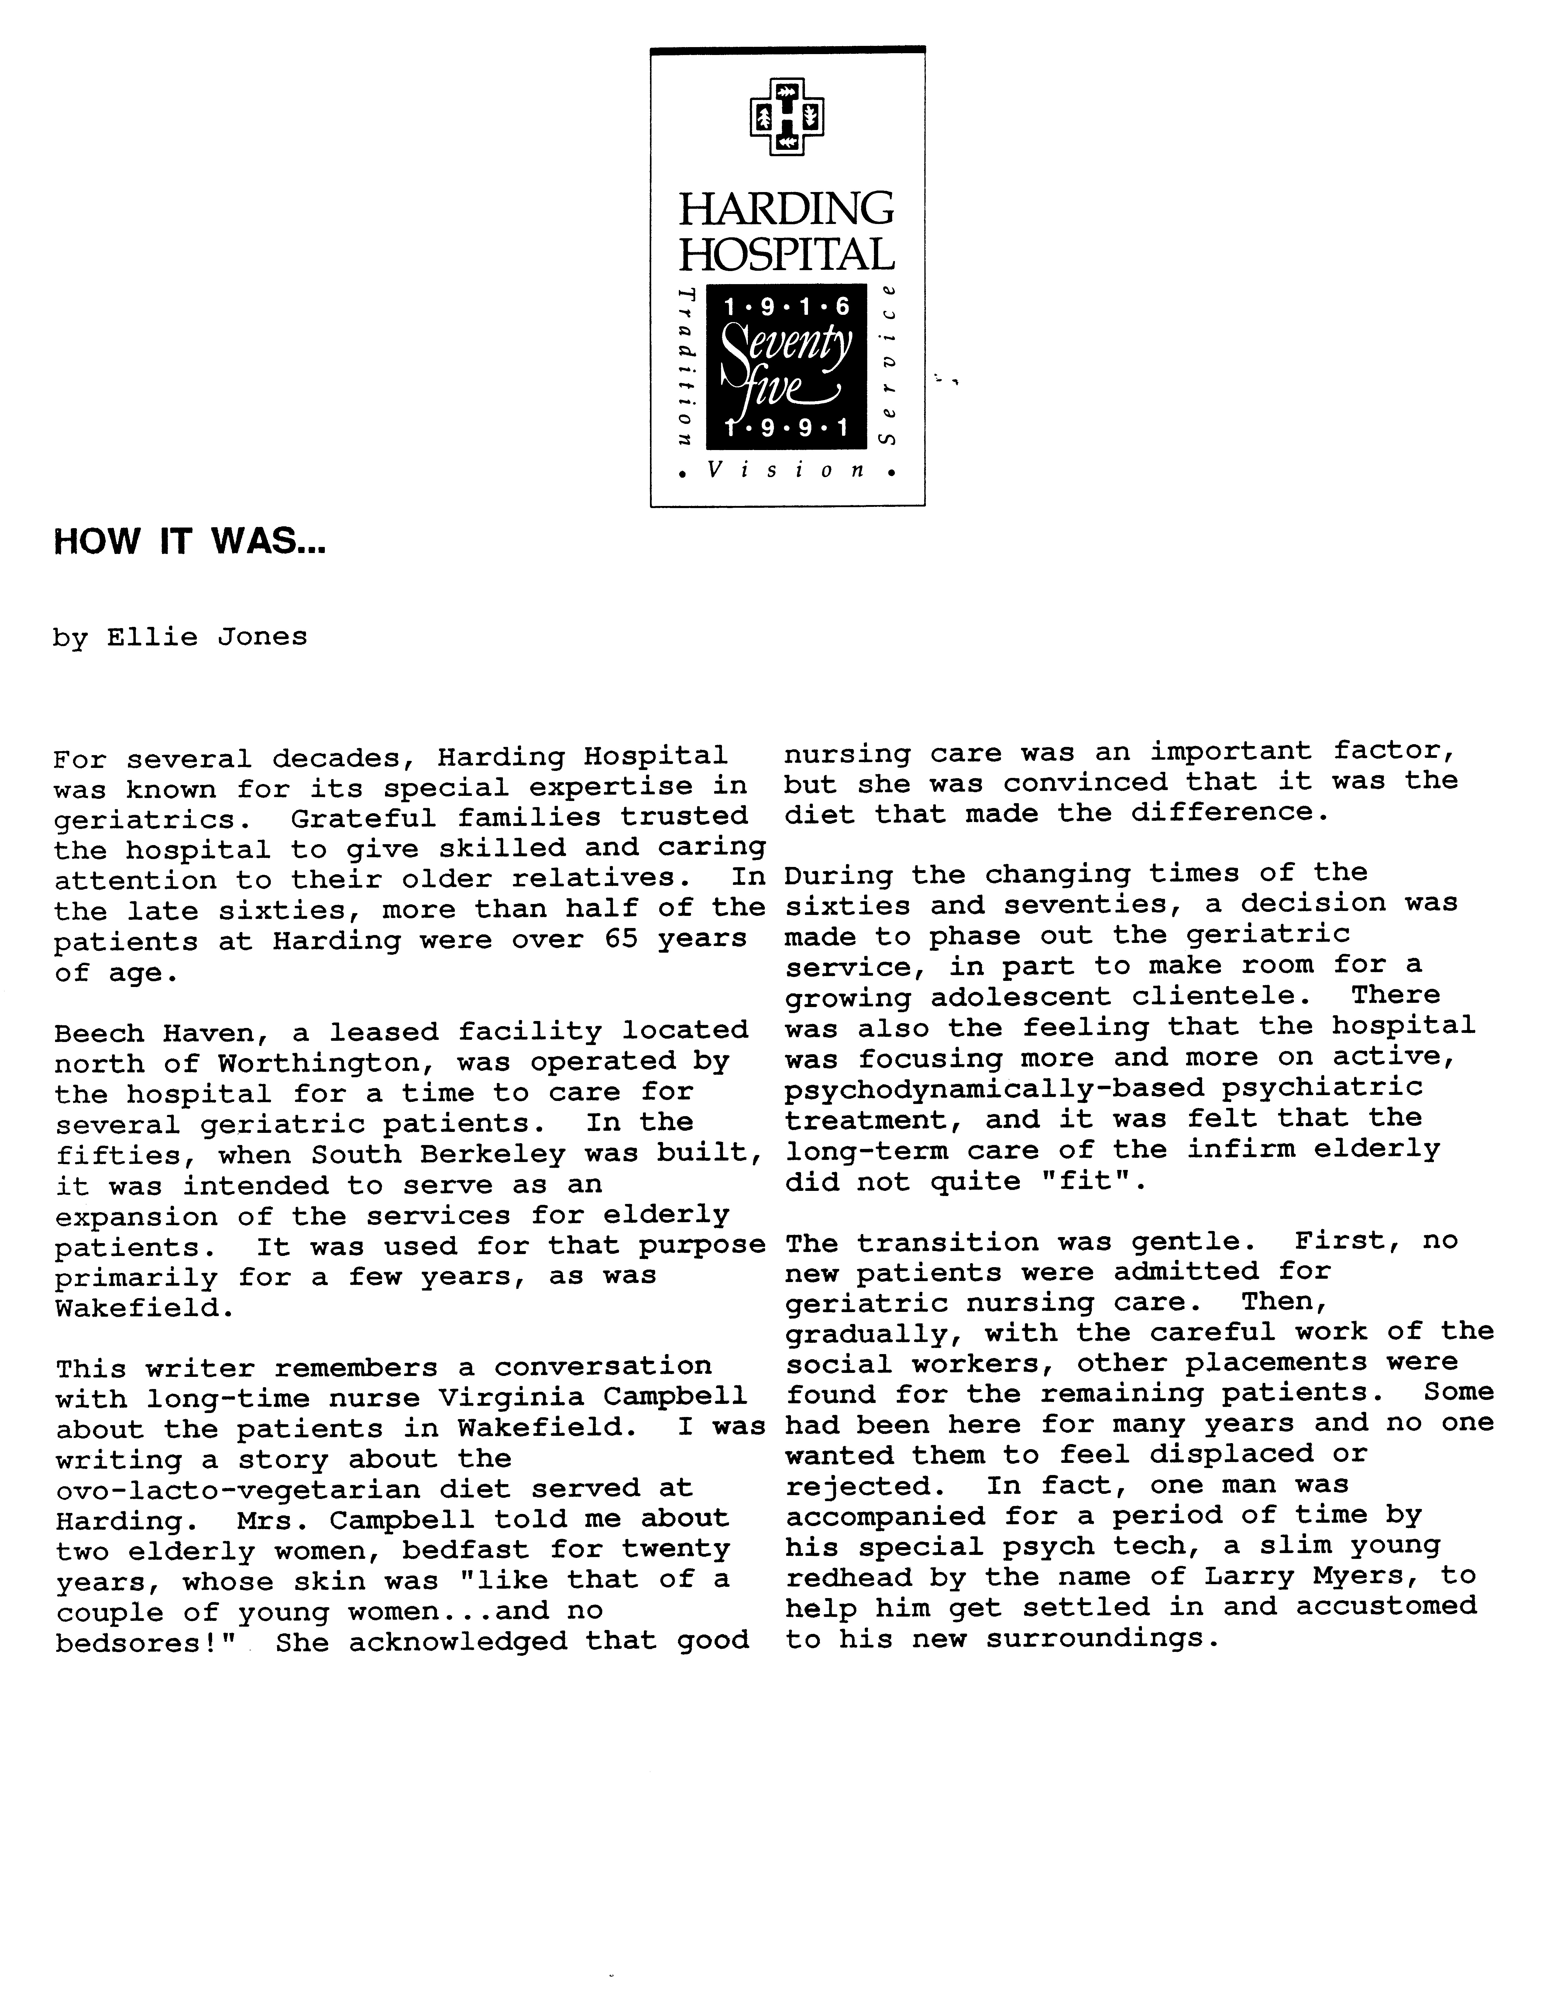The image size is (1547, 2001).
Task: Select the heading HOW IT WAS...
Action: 190,542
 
